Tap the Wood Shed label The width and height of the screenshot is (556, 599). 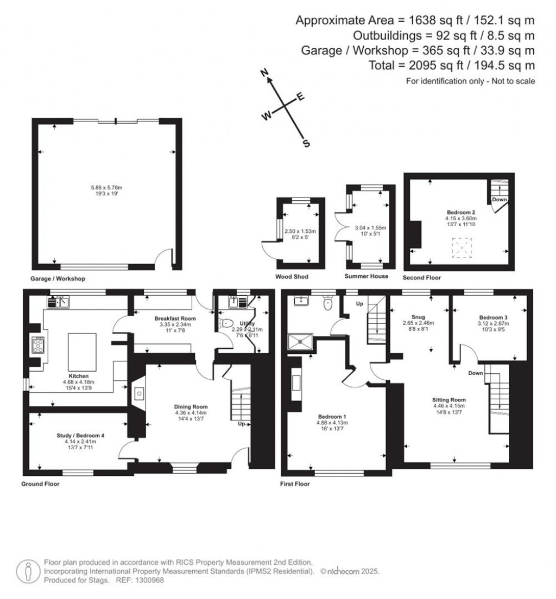(x=292, y=277)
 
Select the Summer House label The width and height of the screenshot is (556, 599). (x=367, y=276)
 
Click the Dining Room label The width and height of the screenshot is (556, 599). (x=191, y=406)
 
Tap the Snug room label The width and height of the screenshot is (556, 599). (x=418, y=317)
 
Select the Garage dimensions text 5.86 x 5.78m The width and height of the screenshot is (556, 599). (x=106, y=188)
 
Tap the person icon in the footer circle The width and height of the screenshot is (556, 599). (x=27, y=571)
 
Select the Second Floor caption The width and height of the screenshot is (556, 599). (x=422, y=277)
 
